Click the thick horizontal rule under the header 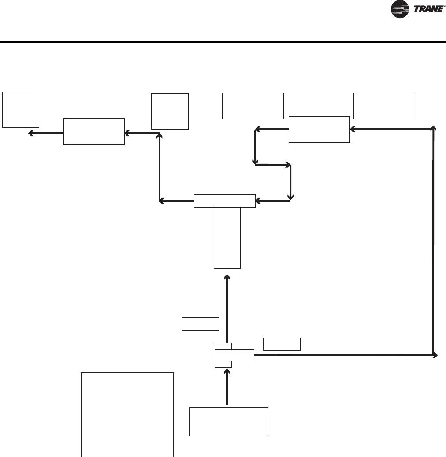[x=223, y=43]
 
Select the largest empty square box [x=127, y=415]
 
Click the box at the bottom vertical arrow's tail [x=229, y=422]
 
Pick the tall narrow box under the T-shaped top [x=227, y=238]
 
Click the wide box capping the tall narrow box [x=225, y=201]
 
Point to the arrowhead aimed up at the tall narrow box [x=227, y=277]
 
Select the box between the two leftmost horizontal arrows [x=94, y=131]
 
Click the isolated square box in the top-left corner [x=21, y=109]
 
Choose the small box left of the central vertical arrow [x=201, y=324]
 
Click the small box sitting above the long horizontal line [x=282, y=344]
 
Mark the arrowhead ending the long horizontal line [x=435, y=355]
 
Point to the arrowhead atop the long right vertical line [x=434, y=128]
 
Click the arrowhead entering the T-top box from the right [x=258, y=201]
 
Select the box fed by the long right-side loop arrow [x=319, y=130]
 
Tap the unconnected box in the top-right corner [x=384, y=106]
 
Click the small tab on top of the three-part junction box [x=223, y=346]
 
